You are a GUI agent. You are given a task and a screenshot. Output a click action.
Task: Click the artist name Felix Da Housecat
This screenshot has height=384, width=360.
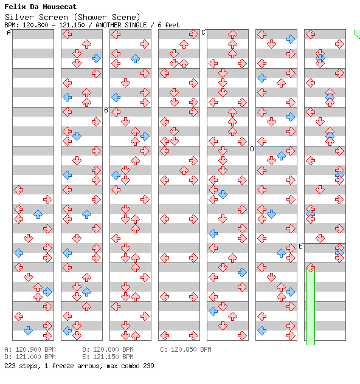coord(40,7)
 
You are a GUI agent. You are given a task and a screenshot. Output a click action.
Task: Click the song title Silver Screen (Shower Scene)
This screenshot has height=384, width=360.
coord(72,17)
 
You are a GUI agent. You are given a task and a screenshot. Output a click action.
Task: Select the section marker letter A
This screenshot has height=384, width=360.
coord(9,32)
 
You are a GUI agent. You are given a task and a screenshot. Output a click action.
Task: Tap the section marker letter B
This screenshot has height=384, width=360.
coord(106,110)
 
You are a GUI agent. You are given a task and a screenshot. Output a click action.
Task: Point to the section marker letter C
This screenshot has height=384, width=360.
coord(203,32)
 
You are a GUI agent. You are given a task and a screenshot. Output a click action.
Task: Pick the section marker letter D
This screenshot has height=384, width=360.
coord(252,149)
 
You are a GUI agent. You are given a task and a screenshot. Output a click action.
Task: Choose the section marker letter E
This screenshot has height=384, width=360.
coord(300,246)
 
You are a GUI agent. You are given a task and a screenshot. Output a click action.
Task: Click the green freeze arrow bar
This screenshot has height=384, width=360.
coord(310,306)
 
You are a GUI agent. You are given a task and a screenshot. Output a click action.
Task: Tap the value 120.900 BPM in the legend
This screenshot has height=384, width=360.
coord(35,349)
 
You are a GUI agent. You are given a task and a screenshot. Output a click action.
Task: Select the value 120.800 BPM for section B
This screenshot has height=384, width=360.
coord(113,349)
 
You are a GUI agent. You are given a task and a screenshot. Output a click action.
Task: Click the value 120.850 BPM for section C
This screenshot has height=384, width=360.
coord(191,349)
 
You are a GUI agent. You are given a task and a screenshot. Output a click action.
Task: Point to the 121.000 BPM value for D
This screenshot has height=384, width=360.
coord(35,357)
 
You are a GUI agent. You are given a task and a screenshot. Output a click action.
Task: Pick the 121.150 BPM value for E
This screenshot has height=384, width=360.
coord(113,357)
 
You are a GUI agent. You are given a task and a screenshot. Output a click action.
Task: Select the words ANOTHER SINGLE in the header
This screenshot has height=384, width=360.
coord(121,25)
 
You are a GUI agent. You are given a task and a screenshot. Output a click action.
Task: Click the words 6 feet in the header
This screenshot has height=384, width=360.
coord(168,25)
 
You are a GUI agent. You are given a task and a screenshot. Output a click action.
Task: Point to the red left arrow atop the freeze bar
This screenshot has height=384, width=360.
coord(310,267)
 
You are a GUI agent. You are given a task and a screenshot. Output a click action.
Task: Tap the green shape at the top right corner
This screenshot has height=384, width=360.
coord(358,34)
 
